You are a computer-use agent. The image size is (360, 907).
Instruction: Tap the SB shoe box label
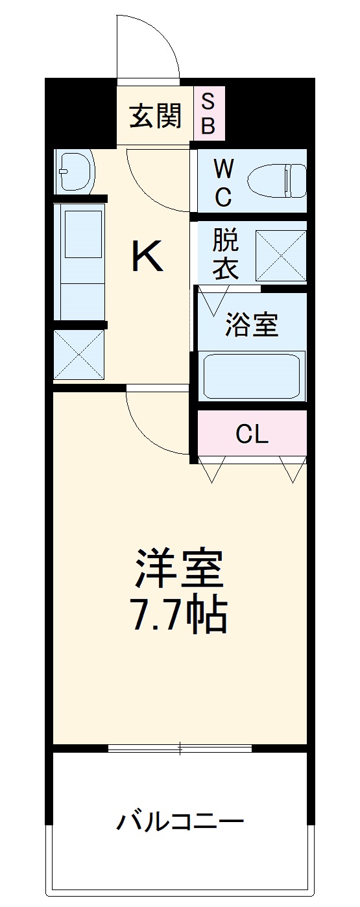(208, 113)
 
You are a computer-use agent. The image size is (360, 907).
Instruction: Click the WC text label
(222, 183)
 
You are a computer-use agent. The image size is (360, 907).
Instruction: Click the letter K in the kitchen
(147, 256)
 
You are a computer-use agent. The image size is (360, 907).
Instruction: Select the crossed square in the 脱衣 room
(280, 255)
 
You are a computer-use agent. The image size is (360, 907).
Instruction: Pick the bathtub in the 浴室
(252, 376)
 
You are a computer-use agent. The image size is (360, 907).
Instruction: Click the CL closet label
(252, 435)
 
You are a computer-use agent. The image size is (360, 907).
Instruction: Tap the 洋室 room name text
(179, 569)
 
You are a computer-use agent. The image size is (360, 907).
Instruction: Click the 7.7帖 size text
(179, 615)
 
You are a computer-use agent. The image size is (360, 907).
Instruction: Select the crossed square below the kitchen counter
(78, 354)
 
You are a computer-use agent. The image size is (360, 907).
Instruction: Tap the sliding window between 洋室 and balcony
(180, 748)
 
